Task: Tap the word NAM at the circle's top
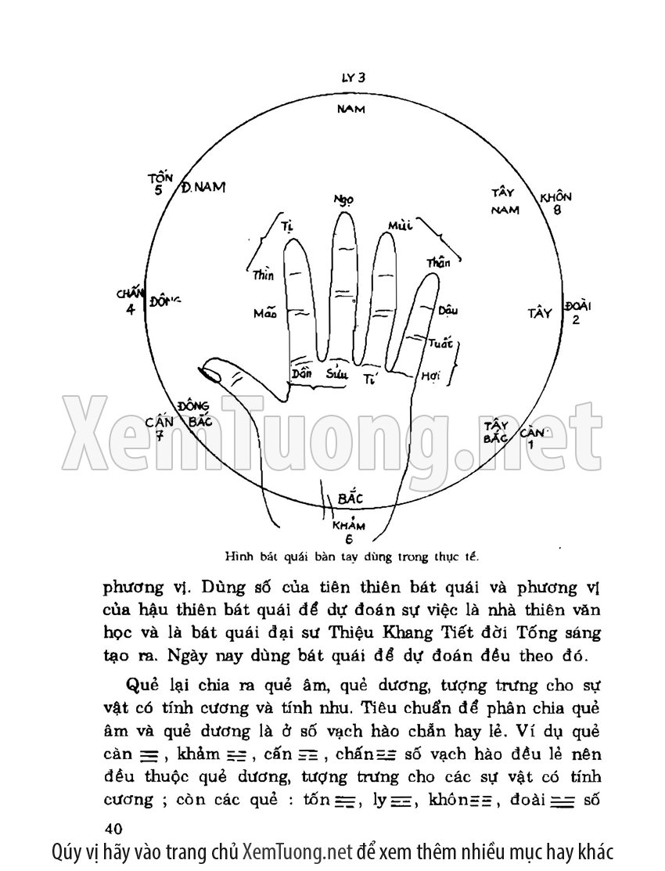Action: pyautogui.click(x=351, y=108)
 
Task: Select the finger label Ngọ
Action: pyautogui.click(x=343, y=200)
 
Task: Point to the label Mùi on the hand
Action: pyautogui.click(x=399, y=227)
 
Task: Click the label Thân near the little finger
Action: pyautogui.click(x=438, y=263)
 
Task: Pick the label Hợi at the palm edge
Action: pyautogui.click(x=431, y=376)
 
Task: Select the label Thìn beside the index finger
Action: pyautogui.click(x=263, y=275)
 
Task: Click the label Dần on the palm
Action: pyautogui.click(x=301, y=373)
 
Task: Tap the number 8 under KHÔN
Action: pyautogui.click(x=557, y=209)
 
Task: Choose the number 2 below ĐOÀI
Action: pyautogui.click(x=576, y=319)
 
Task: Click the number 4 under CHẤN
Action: pyautogui.click(x=130, y=309)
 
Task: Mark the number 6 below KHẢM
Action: pyautogui.click(x=348, y=538)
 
